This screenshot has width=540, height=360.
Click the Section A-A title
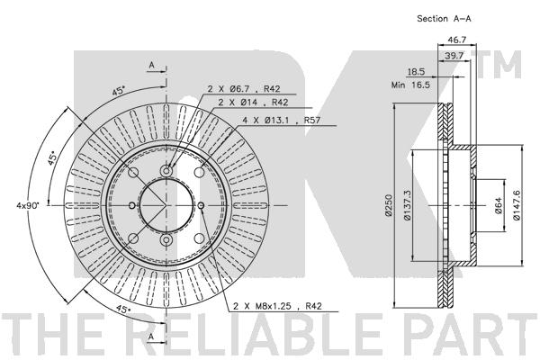[444, 19]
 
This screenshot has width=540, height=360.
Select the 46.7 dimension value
[456, 40]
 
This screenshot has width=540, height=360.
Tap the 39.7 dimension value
[454, 56]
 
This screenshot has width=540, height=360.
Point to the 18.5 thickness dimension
[416, 72]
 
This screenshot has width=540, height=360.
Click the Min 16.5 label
[410, 85]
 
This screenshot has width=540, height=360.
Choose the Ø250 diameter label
[389, 205]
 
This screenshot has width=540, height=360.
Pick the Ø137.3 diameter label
[408, 205]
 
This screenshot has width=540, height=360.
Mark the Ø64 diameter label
[499, 206]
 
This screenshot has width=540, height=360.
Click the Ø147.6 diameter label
[517, 205]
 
